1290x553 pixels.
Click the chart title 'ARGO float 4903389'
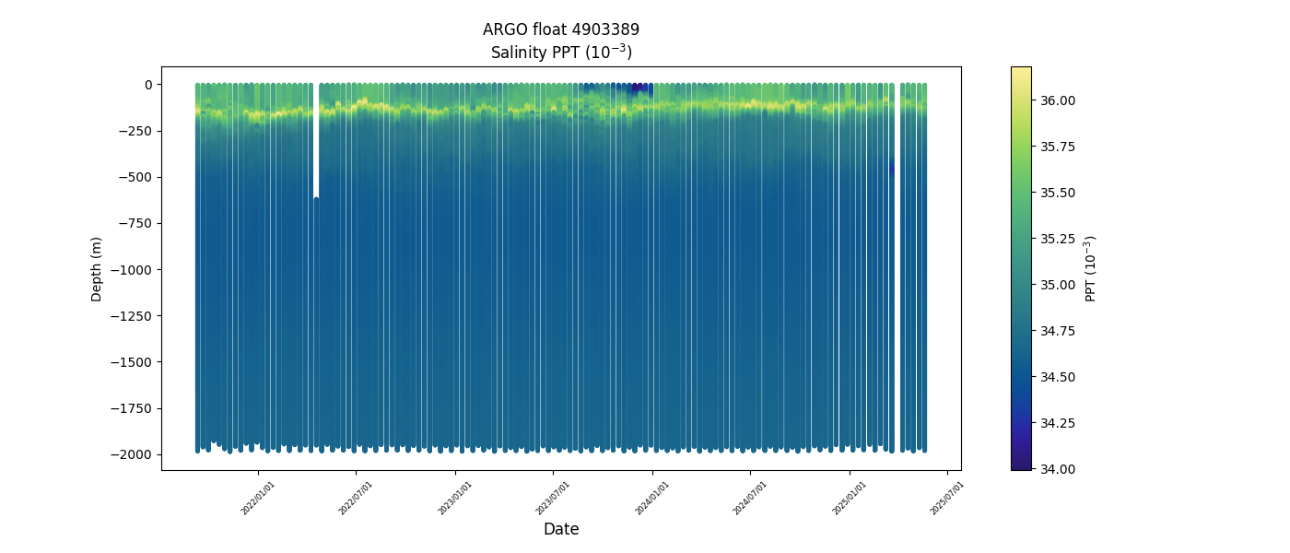pos(560,29)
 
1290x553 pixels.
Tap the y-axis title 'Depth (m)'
pos(96,268)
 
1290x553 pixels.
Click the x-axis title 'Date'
pos(560,529)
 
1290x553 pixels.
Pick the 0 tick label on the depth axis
pos(147,85)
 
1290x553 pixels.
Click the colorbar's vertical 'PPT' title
pos(1091,268)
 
